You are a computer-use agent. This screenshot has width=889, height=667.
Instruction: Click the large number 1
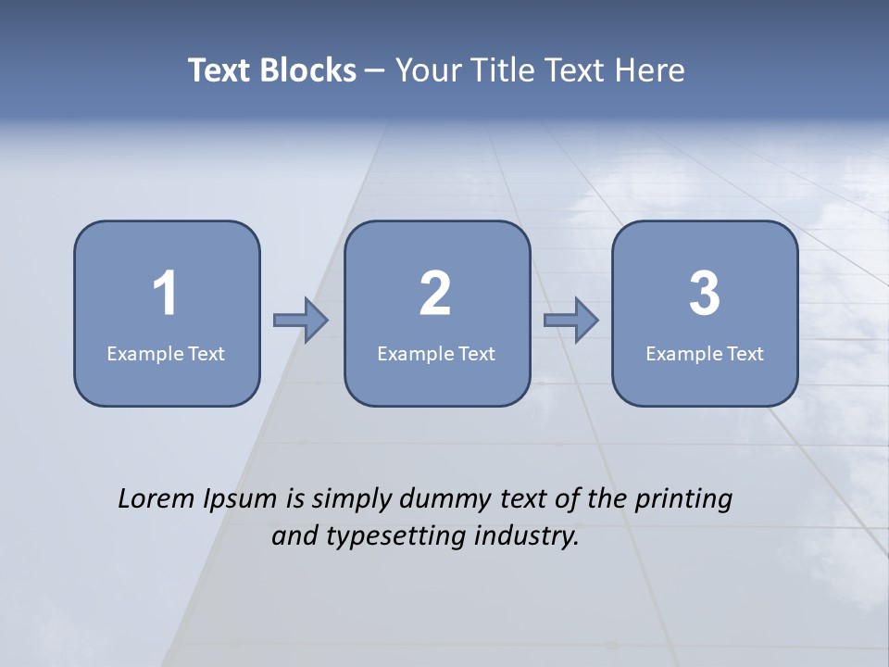165,295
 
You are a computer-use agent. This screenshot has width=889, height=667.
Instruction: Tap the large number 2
435,295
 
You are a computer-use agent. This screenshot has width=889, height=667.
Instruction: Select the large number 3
705,295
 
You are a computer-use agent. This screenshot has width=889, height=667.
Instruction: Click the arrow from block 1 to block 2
302,320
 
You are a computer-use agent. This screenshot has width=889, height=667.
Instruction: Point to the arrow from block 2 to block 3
571,320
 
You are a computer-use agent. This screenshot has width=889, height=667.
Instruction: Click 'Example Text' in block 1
166,354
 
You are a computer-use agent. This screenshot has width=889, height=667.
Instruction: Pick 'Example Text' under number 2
436,354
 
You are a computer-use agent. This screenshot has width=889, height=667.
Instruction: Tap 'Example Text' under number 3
705,354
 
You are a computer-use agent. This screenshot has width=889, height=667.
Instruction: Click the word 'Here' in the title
651,70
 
